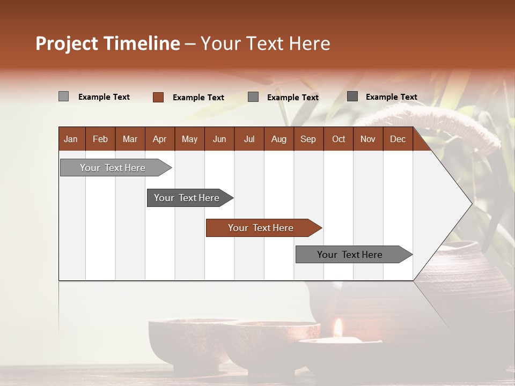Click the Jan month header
(71, 139)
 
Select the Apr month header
(159, 139)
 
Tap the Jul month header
(249, 139)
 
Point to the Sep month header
(308, 139)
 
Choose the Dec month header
(398, 139)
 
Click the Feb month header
(100, 139)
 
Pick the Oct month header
(339, 139)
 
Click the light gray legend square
(63, 96)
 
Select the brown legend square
(158, 97)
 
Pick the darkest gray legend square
(352, 96)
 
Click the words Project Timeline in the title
(107, 43)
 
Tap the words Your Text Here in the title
(265, 43)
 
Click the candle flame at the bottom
(338, 327)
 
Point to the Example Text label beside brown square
(198, 98)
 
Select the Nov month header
(368, 139)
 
